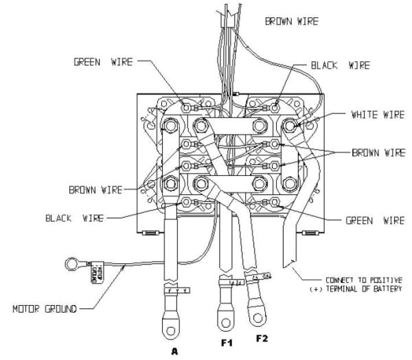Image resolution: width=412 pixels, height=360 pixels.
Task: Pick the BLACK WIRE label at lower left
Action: click(76, 218)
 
